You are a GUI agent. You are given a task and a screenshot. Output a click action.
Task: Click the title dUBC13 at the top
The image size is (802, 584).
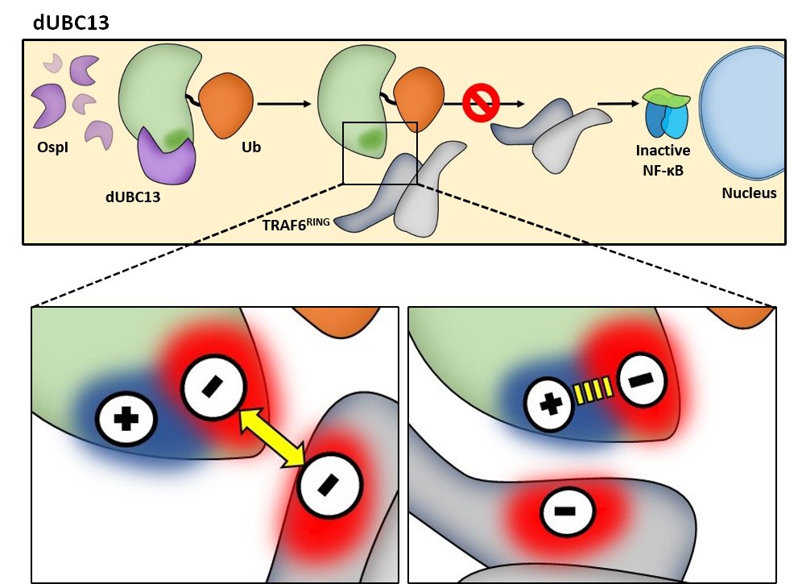pyautogui.click(x=71, y=23)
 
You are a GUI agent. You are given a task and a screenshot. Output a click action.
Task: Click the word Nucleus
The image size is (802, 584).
pyautogui.click(x=749, y=193)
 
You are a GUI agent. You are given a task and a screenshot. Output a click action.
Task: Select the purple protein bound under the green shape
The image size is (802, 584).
pyautogui.click(x=165, y=157)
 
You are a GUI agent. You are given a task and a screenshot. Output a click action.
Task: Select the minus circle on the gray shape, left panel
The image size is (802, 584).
pyautogui.click(x=329, y=486)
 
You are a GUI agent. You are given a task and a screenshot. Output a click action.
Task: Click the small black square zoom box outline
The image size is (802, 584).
pyautogui.click(x=379, y=123)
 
